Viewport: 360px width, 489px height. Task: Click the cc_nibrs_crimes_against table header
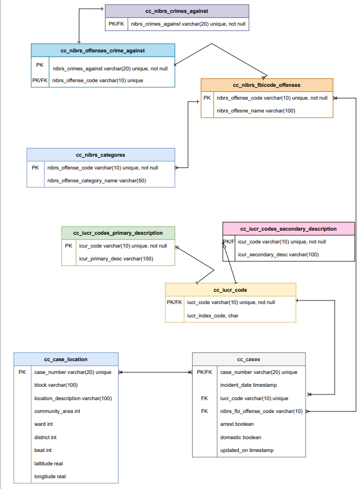click(x=177, y=11)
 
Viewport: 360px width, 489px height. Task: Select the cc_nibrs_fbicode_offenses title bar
click(x=267, y=85)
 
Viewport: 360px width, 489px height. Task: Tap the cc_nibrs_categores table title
click(x=101, y=155)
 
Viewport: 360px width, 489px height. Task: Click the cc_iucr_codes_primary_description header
click(x=118, y=233)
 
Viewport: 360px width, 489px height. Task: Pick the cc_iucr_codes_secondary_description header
click(x=288, y=229)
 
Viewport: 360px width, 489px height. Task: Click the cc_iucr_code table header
click(x=231, y=290)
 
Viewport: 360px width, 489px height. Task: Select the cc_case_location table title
click(x=66, y=359)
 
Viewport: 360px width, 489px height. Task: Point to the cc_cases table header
click(x=249, y=359)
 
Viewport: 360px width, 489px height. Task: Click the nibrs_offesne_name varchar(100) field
click(x=256, y=110)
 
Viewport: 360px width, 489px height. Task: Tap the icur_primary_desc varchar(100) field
click(x=116, y=258)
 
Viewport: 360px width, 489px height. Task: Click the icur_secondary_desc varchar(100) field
click(x=278, y=254)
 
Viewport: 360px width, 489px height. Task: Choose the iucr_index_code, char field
click(x=213, y=315)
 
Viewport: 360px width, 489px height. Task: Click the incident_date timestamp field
click(x=249, y=385)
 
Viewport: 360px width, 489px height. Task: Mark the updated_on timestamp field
click(x=247, y=450)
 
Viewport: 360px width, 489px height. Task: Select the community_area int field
click(x=57, y=411)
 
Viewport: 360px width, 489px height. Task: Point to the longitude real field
click(x=50, y=476)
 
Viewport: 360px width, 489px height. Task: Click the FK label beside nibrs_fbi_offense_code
click(x=204, y=411)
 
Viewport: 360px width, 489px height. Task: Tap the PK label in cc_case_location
click(x=22, y=372)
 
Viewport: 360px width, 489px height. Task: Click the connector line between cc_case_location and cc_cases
click(x=155, y=372)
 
